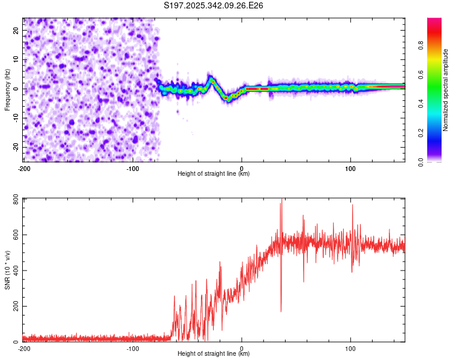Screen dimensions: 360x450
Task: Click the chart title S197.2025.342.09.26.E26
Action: (214, 5)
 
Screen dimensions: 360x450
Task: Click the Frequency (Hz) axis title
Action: (7, 89)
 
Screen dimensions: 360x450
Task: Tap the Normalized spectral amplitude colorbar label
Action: (446, 90)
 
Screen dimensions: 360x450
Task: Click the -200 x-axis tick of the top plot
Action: (24, 167)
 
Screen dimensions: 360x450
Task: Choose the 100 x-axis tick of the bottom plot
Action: (351, 348)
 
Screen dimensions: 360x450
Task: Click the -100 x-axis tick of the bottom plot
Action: (133, 348)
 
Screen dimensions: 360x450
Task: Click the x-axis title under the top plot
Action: (214, 173)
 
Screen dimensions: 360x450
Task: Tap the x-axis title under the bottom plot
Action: (214, 354)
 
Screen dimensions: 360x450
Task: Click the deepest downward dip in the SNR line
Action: (281, 311)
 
